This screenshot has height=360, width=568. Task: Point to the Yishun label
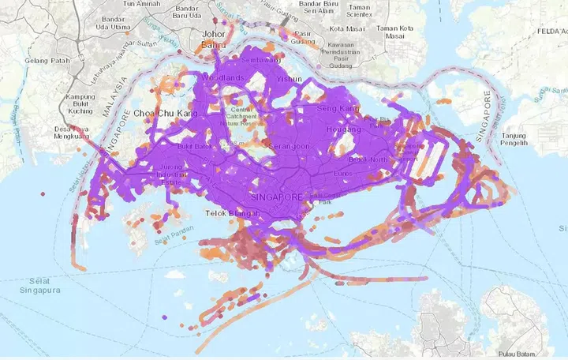289,81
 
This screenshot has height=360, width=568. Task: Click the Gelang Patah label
47,61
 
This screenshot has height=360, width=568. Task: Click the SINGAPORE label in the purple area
275,196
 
